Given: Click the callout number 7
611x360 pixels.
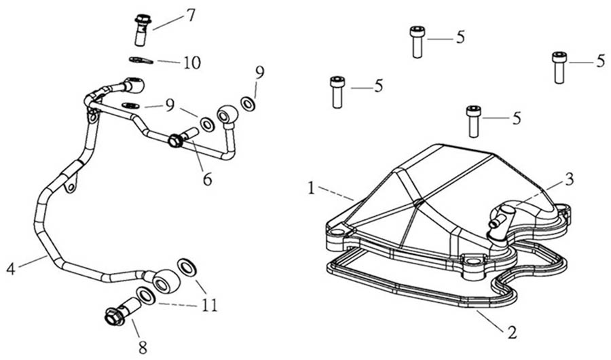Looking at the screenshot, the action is click(x=190, y=15).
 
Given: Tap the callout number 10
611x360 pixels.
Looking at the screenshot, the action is click(x=192, y=62).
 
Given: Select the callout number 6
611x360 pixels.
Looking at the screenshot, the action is click(x=207, y=179).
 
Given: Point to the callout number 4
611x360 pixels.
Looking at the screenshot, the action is click(x=10, y=269).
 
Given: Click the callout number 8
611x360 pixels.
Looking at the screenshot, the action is click(x=143, y=348).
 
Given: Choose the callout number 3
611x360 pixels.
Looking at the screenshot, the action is click(x=570, y=179).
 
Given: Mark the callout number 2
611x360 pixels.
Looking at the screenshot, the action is click(x=512, y=332).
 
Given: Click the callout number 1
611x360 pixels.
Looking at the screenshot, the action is click(x=310, y=188).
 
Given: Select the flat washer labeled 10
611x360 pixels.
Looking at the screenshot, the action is click(x=141, y=60).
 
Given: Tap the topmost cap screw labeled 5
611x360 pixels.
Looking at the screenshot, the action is click(x=418, y=42).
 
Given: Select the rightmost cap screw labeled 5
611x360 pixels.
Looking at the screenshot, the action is click(x=559, y=67).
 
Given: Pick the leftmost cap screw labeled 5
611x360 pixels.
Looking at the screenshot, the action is click(x=337, y=92).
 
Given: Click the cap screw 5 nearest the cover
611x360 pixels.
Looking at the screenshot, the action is click(x=474, y=122).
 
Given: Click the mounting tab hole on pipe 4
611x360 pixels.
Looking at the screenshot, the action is click(x=71, y=188).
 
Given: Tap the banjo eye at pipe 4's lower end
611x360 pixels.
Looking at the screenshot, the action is click(x=165, y=281).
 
